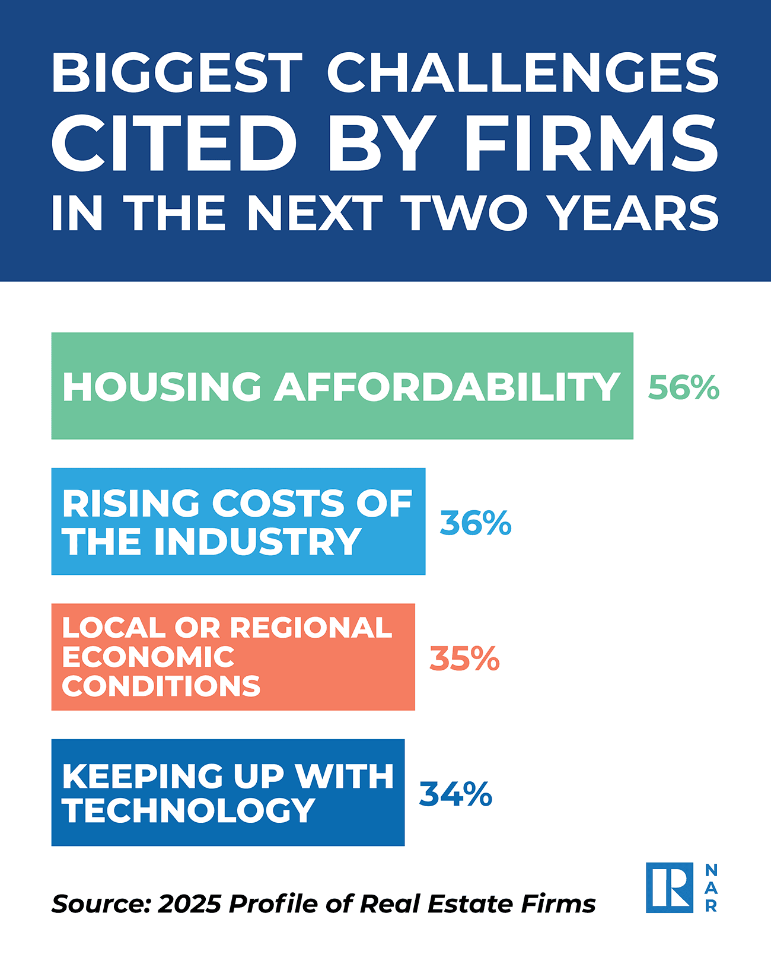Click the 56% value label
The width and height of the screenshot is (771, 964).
point(683,388)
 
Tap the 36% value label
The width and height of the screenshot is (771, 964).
point(475,523)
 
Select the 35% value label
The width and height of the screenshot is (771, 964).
point(464,658)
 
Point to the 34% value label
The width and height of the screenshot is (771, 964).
point(455,794)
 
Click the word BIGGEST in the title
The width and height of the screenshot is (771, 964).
point(177,73)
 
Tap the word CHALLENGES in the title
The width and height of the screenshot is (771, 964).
point(523,73)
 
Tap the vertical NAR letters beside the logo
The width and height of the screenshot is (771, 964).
point(711,888)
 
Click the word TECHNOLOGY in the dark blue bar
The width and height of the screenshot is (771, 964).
point(189,811)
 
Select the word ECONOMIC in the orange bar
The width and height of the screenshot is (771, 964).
point(148,657)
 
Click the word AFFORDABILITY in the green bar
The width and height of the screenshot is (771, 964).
point(447,387)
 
